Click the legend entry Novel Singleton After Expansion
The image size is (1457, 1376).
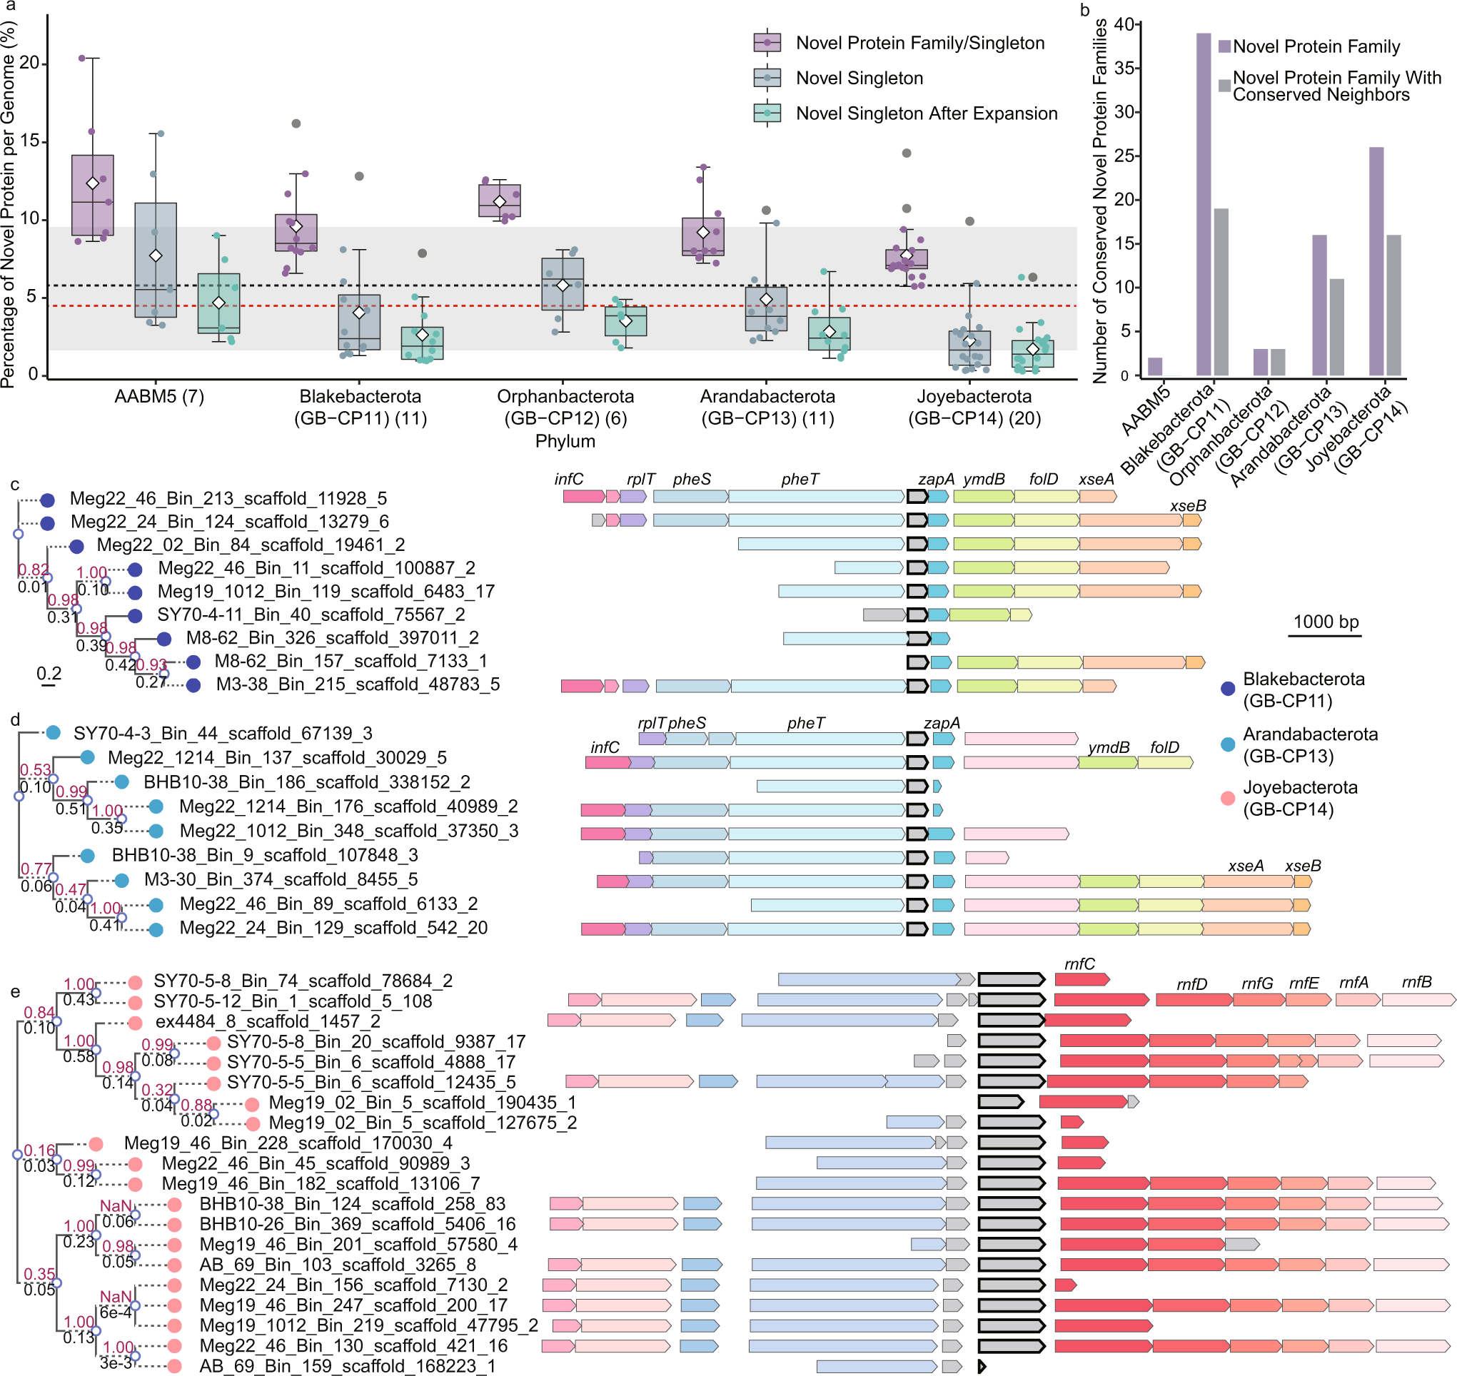[926, 113]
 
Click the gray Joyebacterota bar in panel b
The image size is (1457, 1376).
[1393, 305]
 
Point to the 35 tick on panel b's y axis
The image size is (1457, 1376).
[1124, 69]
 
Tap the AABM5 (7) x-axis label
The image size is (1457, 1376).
[159, 396]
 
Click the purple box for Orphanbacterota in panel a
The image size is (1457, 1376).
[500, 201]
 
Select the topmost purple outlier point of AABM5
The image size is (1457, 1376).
[82, 58]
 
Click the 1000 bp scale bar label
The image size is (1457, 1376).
[1325, 622]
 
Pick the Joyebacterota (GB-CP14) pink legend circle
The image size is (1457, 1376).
[1227, 798]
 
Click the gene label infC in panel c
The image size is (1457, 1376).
[568, 479]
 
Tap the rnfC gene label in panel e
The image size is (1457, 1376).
[1079, 963]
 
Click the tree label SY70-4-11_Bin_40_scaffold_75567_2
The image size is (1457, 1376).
[311, 614]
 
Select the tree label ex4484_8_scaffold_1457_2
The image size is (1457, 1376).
[268, 1021]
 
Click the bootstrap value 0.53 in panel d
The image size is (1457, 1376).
[35, 769]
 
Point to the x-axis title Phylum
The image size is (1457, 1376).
[565, 441]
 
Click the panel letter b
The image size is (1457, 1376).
[1084, 9]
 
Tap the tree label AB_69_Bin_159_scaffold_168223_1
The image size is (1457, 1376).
[348, 1366]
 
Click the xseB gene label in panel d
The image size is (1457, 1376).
[1302, 866]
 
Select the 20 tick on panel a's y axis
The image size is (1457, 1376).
[29, 62]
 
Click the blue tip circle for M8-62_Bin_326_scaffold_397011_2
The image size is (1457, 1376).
[163, 638]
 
